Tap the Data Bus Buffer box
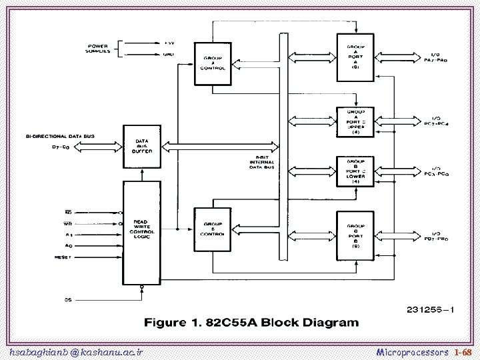click(142, 147)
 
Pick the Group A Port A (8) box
click(355, 57)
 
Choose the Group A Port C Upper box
click(355, 122)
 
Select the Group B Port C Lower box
click(355, 171)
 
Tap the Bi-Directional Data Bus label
click(60, 136)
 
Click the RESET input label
click(64, 257)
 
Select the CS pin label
click(68, 299)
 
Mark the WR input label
click(68, 224)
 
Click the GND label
click(169, 55)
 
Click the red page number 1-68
click(463, 351)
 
